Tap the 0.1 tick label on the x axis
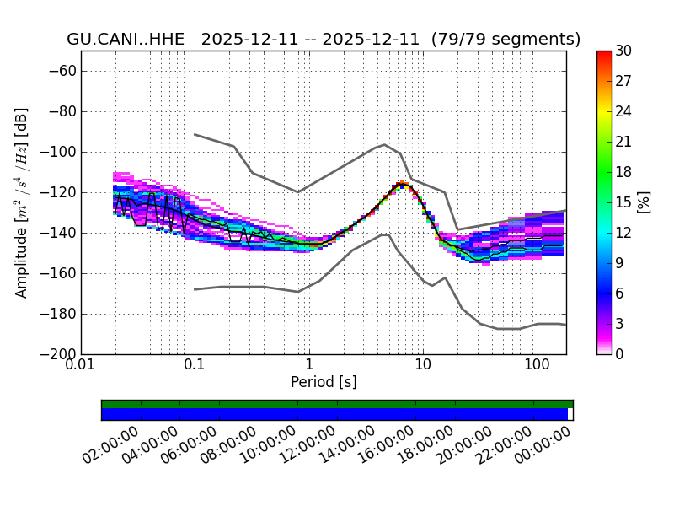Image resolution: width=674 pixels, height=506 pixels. point(195,367)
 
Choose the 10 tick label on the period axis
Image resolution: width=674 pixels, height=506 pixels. point(423,367)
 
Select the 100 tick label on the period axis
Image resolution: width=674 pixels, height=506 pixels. point(537,367)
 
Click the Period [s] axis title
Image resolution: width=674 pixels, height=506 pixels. point(324,382)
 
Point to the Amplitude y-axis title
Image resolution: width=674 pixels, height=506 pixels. point(22,202)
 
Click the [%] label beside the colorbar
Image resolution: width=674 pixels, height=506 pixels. point(645,202)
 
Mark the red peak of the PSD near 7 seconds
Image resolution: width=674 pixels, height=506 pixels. point(403,183)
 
